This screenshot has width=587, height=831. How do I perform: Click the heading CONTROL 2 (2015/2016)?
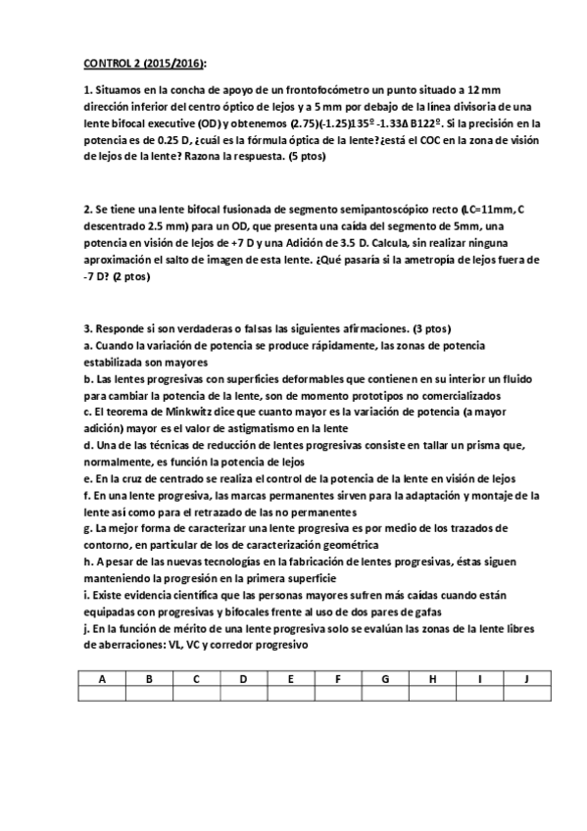pyautogui.click(x=137, y=63)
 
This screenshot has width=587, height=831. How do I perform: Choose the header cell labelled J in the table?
pyautogui.click(x=526, y=678)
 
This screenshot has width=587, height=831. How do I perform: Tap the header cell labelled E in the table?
pyautogui.click(x=291, y=678)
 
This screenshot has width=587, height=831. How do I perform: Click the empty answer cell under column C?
pyautogui.click(x=196, y=694)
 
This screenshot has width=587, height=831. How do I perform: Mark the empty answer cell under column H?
pyautogui.click(x=432, y=694)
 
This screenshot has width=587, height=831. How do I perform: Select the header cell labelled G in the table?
pyautogui.click(x=385, y=678)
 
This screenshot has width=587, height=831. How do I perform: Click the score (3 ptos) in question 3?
pyautogui.click(x=426, y=327)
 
